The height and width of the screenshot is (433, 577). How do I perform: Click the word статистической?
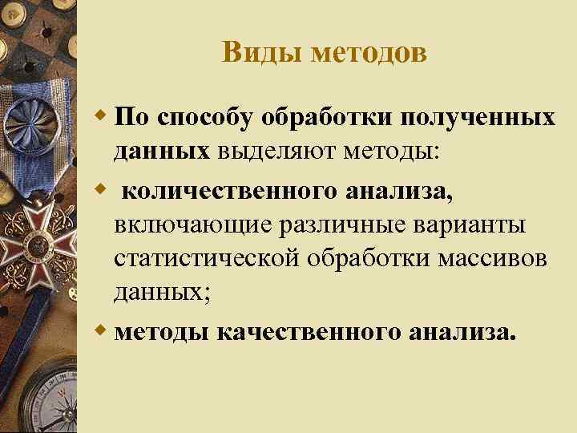209,261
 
